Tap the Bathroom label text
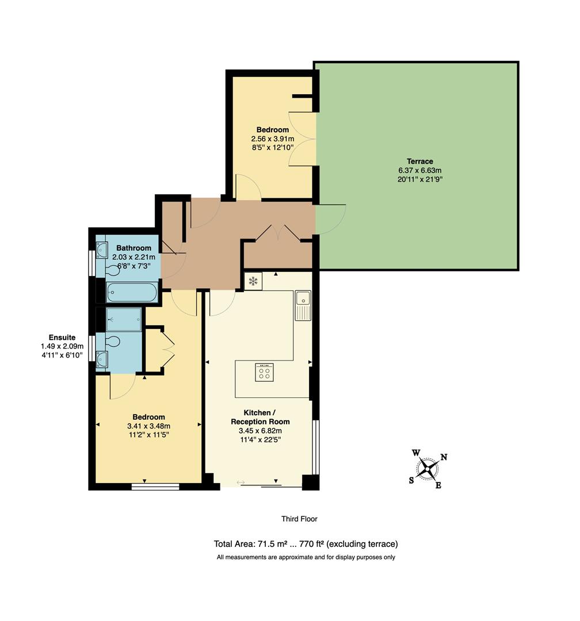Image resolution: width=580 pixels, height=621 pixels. tap(133, 248)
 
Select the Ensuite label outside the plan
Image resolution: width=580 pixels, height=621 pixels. tap(62, 338)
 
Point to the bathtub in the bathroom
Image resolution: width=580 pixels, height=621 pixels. tap(132, 292)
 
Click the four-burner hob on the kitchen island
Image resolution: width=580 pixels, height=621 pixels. tap(264, 372)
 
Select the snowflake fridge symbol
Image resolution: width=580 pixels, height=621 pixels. tap(253, 281)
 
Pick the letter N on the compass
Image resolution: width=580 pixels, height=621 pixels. tap(444, 458)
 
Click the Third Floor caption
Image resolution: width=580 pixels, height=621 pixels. tap(299, 519)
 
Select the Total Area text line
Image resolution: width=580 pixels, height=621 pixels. tap(306, 544)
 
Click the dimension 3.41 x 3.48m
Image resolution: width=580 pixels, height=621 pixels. tap(148, 426)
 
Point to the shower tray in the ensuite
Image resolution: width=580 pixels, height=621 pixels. tap(124, 319)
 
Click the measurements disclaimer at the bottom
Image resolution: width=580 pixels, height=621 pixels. tap(306, 557)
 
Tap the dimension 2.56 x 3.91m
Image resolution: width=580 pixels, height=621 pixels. tap(273, 139)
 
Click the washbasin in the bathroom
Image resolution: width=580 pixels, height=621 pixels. tap(102, 250)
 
